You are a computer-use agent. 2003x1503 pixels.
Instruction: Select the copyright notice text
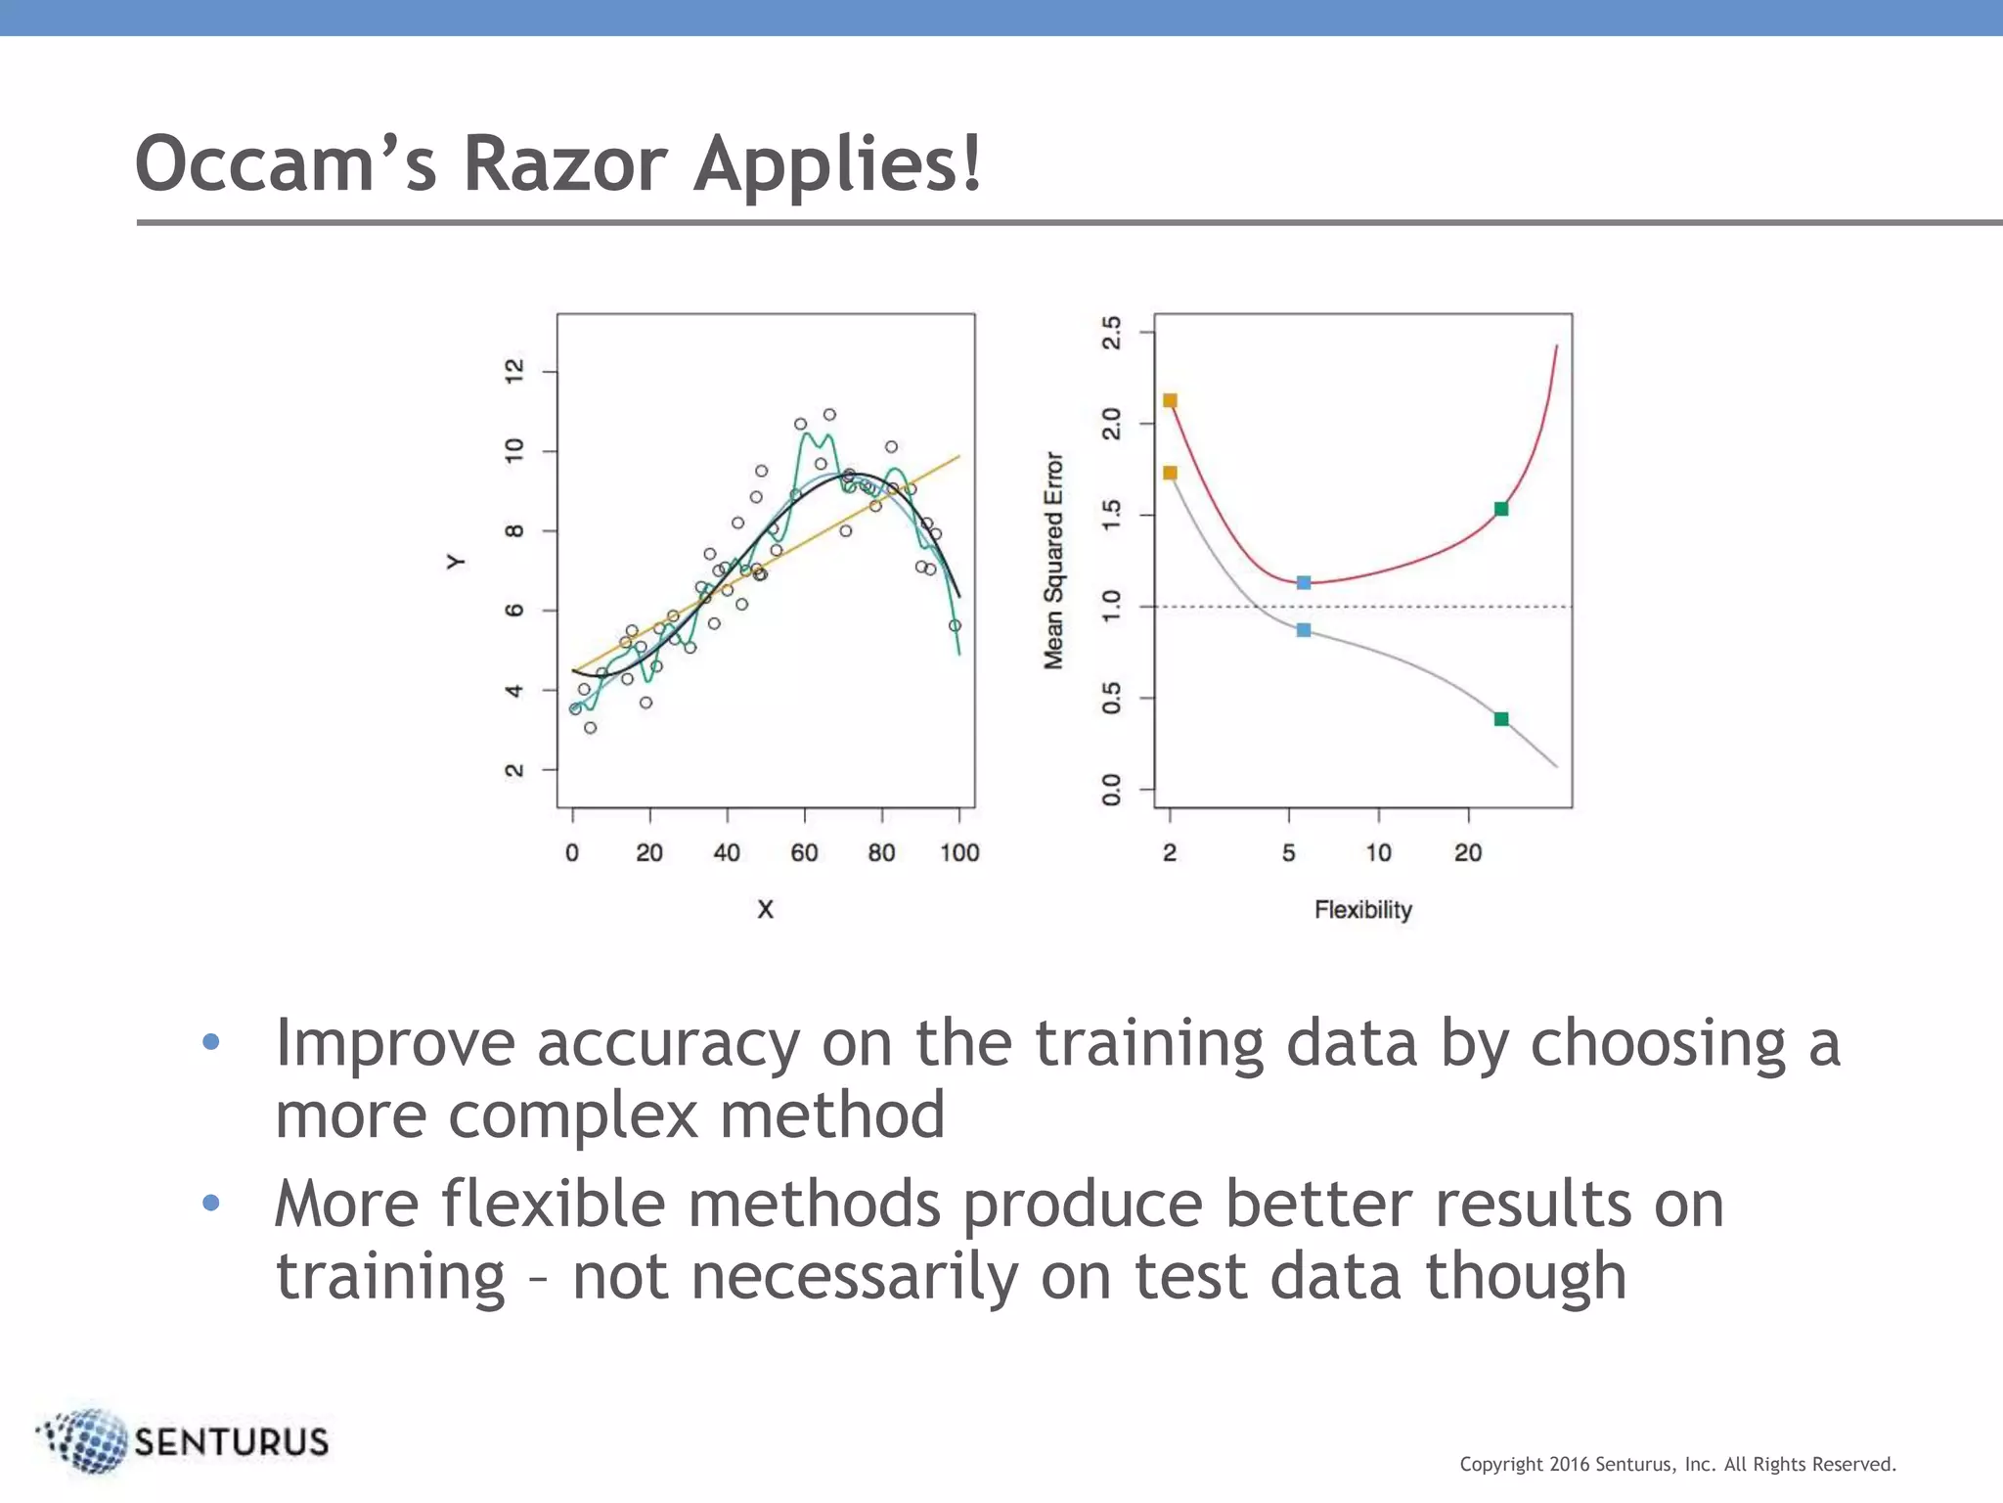1677,1464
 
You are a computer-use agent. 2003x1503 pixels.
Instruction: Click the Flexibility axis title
1362,910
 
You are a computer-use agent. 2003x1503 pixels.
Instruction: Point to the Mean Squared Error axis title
1052,561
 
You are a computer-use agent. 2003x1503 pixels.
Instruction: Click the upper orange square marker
1170,400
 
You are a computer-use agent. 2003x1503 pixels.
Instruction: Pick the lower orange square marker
1170,473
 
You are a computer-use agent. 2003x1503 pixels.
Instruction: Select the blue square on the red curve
1304,582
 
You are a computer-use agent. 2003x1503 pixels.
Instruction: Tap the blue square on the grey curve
1304,630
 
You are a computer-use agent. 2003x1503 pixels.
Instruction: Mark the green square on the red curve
1501,509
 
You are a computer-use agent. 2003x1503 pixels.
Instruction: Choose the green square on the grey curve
1501,719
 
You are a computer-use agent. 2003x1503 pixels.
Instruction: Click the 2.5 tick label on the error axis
1112,333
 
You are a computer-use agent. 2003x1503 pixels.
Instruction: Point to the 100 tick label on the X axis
959,853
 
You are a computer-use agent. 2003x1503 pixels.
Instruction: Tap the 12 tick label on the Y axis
513,371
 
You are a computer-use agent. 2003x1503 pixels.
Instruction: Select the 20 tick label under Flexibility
1467,853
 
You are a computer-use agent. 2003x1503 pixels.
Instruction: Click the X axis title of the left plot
765,910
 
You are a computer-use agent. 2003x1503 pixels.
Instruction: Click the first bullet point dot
211,1042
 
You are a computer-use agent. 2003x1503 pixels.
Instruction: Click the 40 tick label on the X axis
727,853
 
